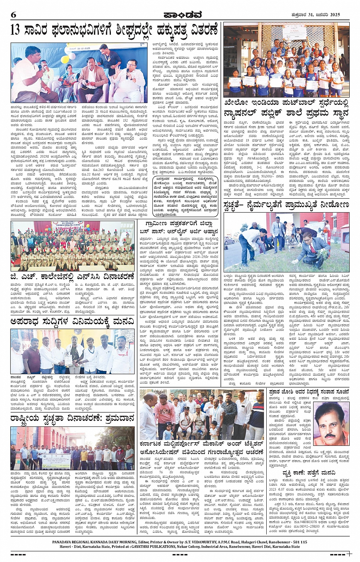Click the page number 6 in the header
[x=13, y=15]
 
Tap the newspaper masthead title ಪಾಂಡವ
[x=179, y=15]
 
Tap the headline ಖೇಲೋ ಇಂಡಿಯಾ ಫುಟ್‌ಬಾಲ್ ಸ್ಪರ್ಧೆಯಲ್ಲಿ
[x=286, y=103]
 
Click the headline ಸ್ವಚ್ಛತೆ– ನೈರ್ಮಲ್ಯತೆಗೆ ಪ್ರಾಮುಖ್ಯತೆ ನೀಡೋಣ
[x=286, y=205]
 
